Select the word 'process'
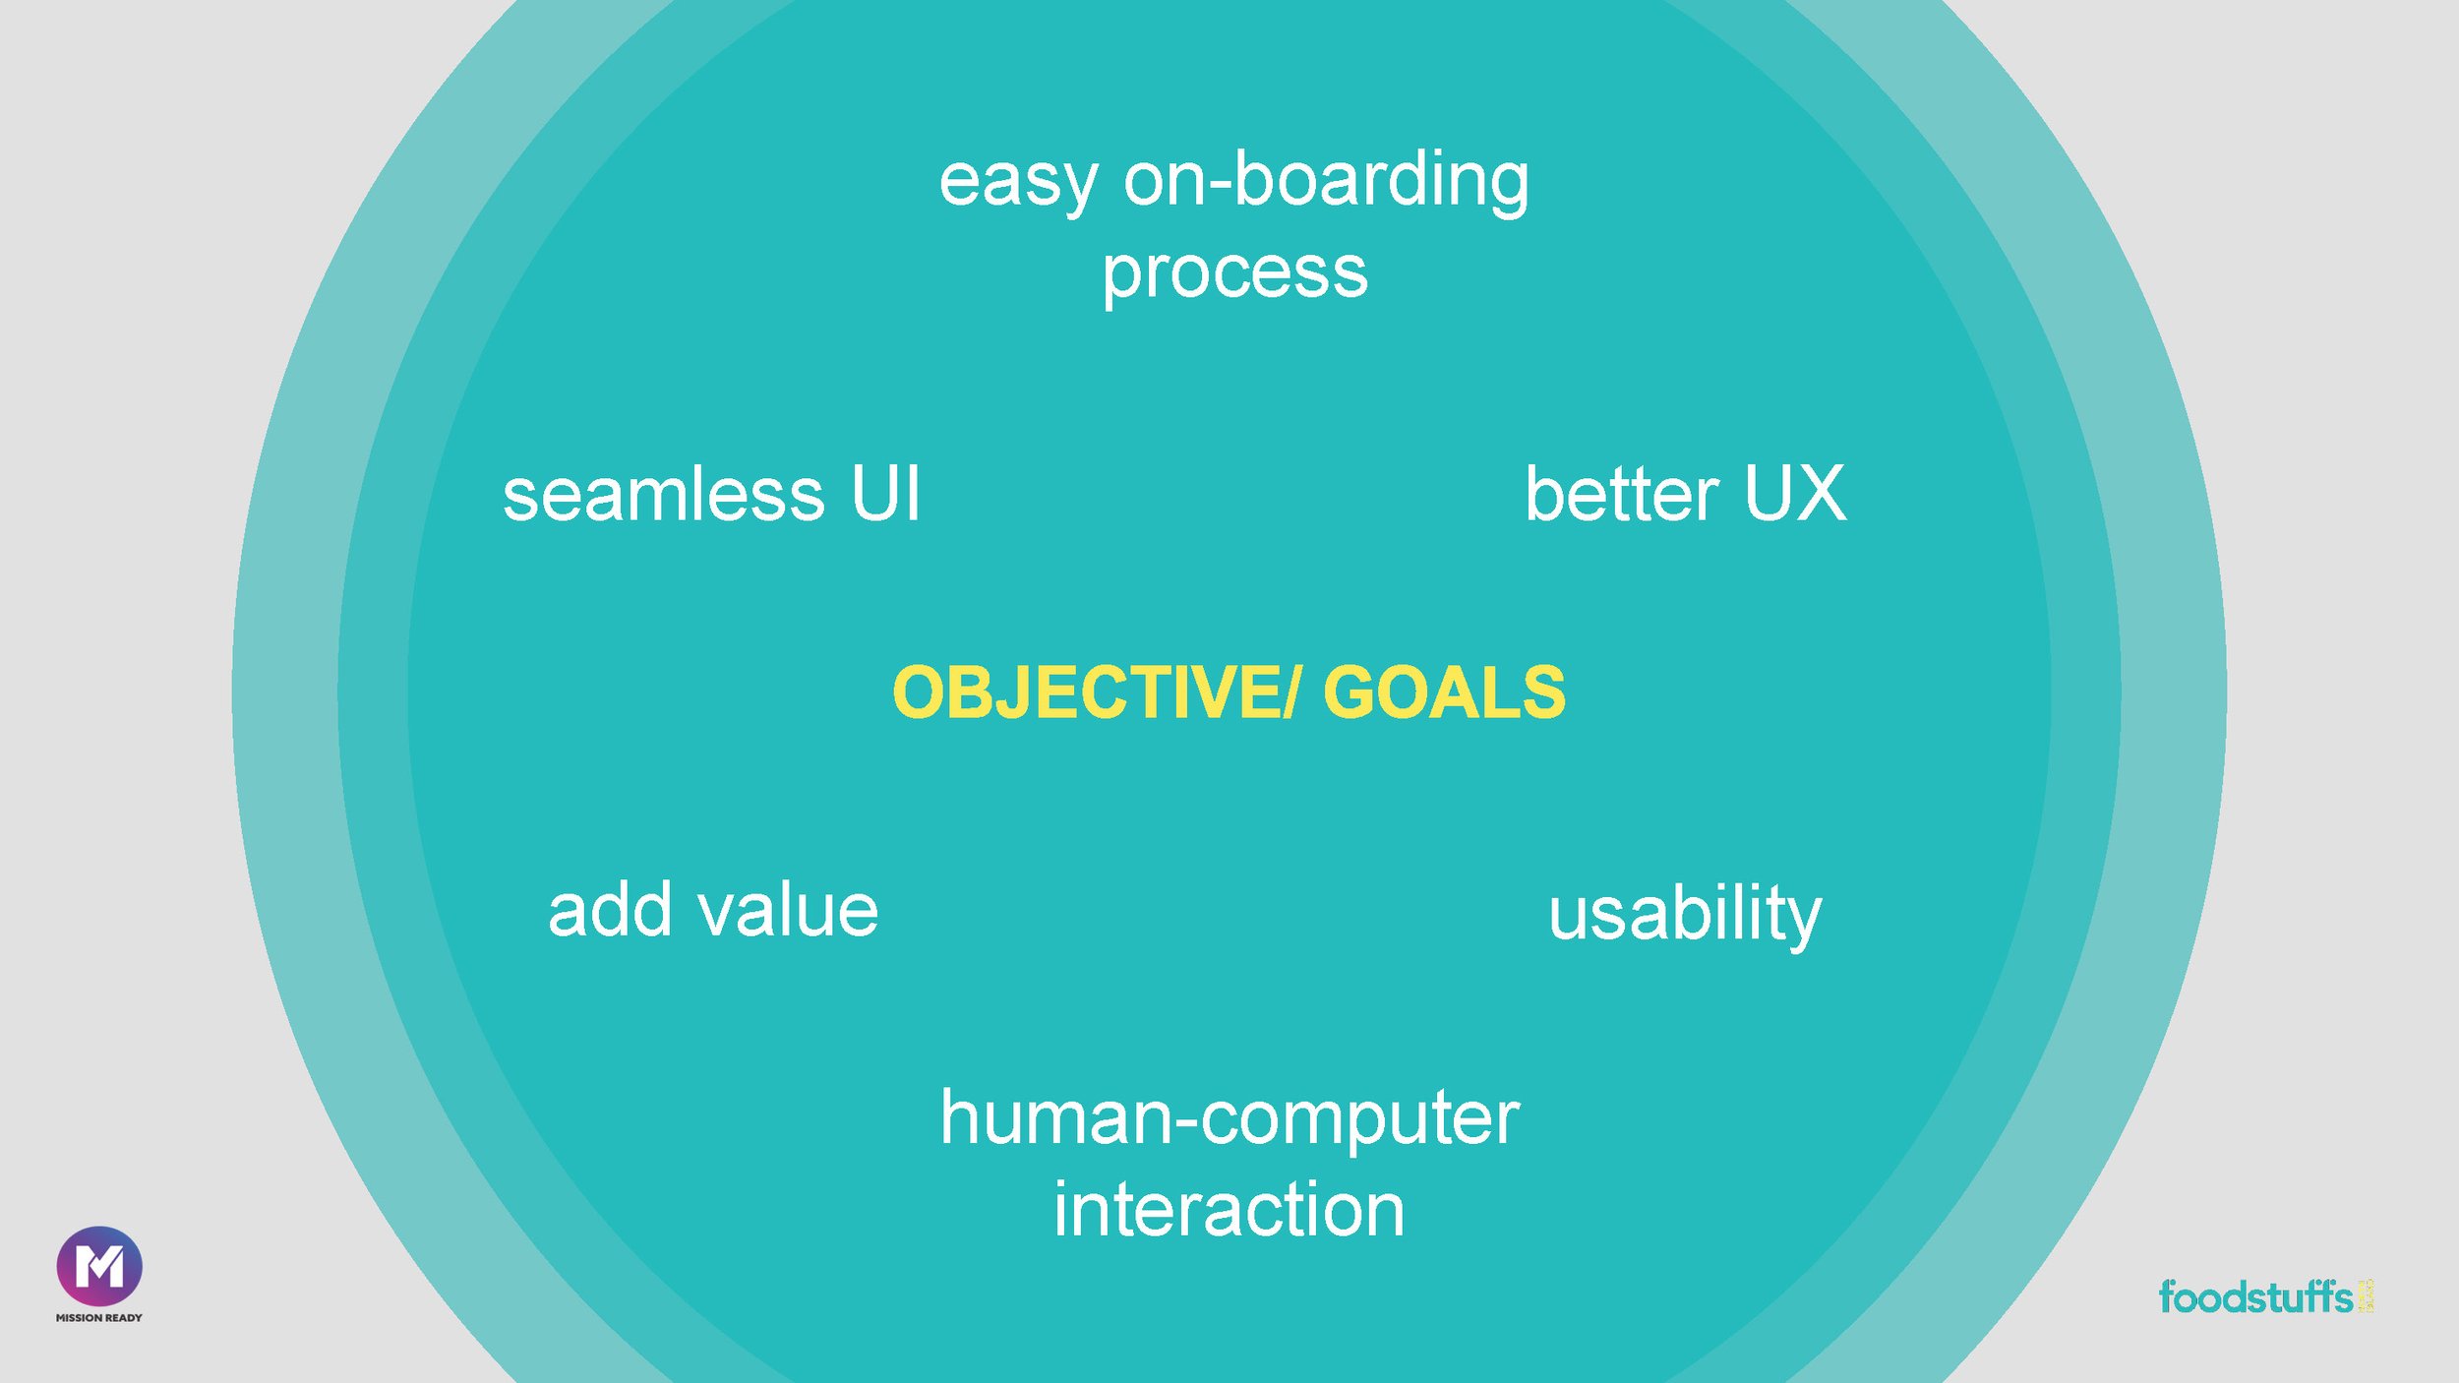point(1234,273)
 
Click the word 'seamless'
point(663,494)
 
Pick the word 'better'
point(1621,494)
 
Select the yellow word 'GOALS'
point(1444,692)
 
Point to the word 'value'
point(788,911)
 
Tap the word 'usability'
point(1685,915)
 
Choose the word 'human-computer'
point(1229,1118)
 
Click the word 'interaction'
point(1229,1210)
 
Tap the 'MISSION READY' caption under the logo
point(99,1318)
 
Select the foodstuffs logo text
point(2255,1297)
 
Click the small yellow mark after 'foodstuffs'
point(2366,1295)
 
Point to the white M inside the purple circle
point(99,1266)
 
